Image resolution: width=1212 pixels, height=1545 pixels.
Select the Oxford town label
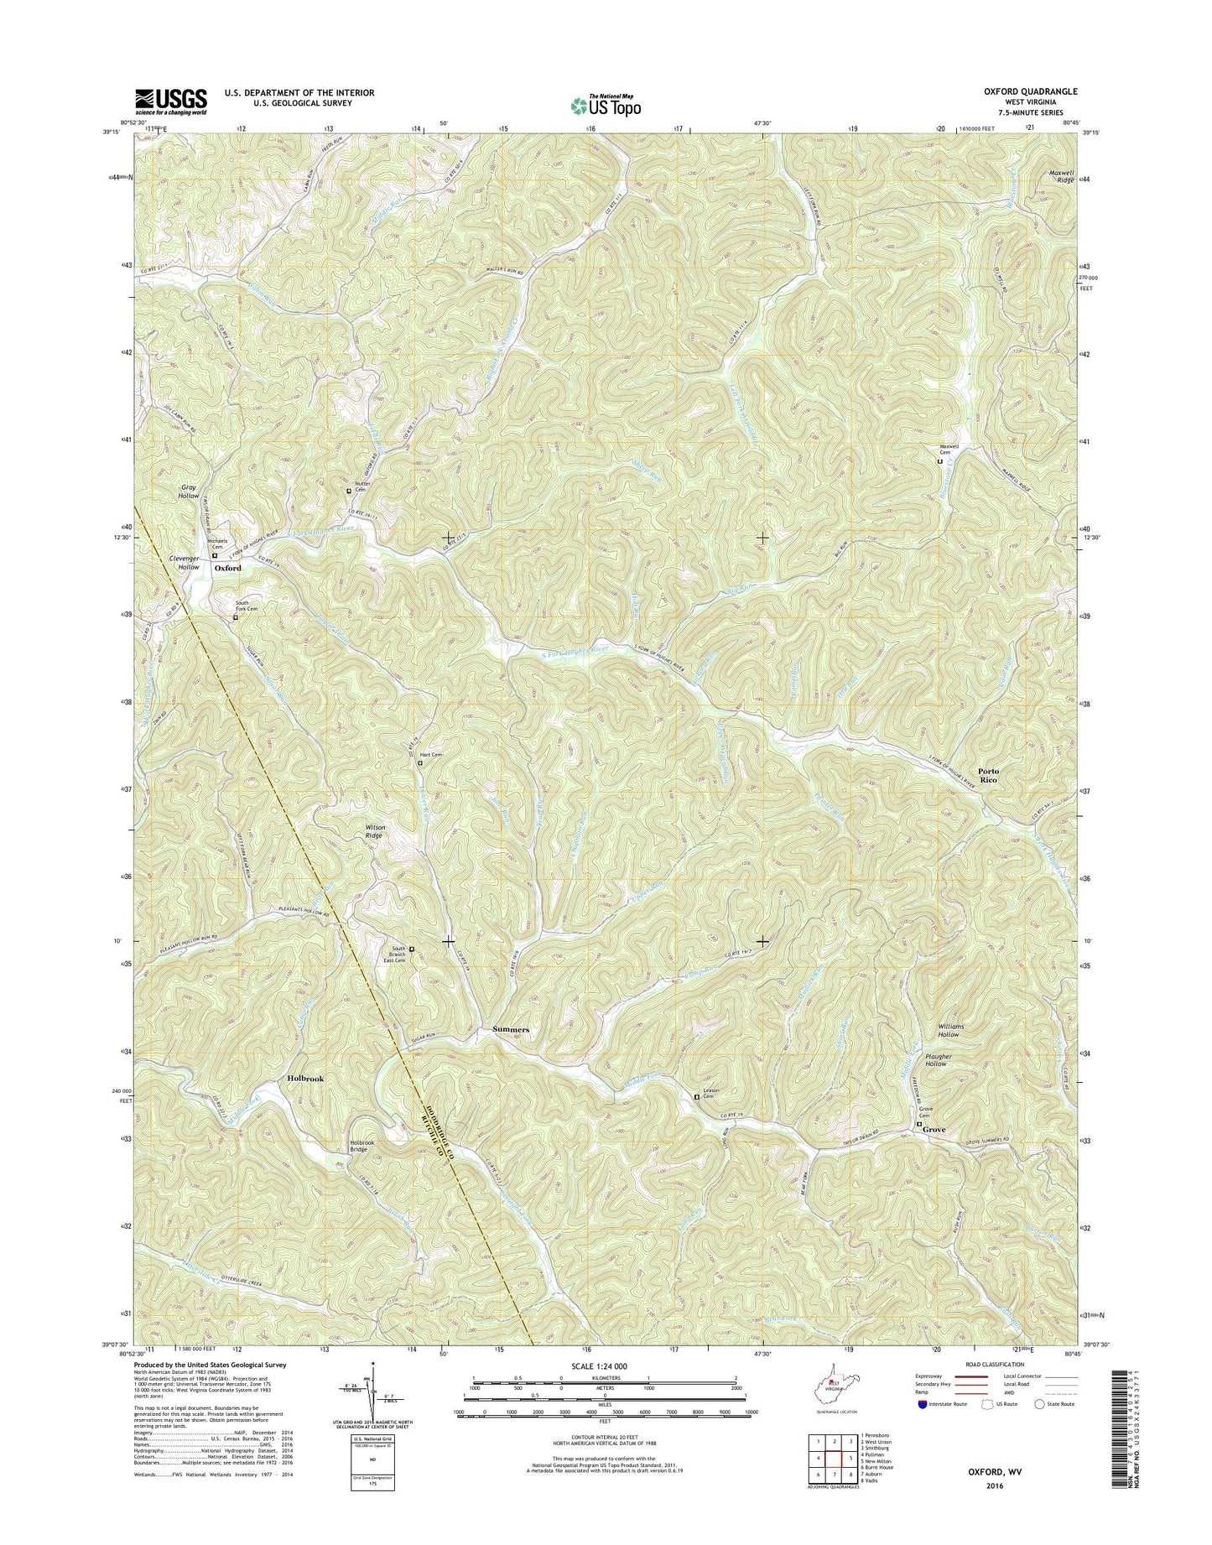227,568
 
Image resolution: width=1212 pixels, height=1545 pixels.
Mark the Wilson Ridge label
375,831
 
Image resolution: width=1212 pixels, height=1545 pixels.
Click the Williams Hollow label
950,1030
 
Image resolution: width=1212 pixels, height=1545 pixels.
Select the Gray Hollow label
189,492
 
